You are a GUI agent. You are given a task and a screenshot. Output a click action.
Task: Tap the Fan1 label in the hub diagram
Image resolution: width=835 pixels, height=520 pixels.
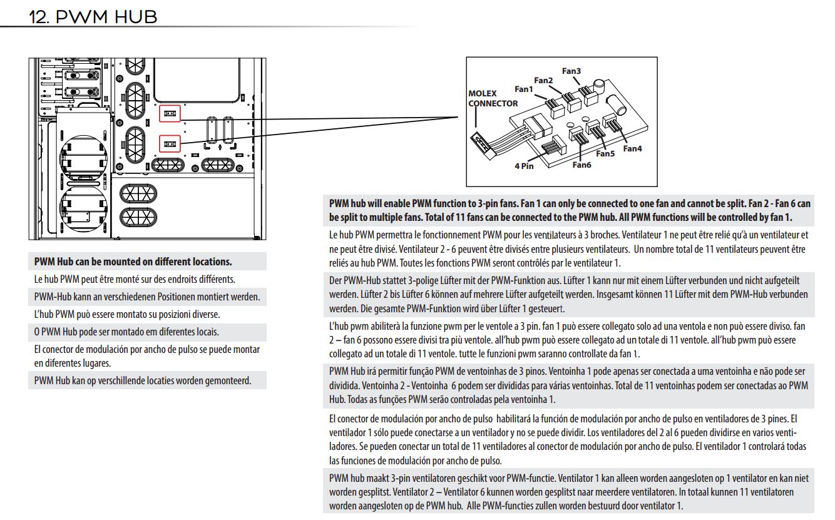[523, 89]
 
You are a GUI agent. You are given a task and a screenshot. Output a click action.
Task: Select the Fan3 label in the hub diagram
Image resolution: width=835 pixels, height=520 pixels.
[571, 71]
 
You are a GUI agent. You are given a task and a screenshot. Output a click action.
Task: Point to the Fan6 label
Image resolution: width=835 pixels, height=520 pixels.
[581, 165]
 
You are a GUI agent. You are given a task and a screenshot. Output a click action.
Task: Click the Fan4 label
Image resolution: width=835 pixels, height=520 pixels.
[632, 148]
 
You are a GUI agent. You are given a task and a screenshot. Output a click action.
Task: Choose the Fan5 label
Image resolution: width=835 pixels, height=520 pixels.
[605, 153]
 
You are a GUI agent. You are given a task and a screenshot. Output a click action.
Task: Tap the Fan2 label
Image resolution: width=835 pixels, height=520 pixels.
[543, 80]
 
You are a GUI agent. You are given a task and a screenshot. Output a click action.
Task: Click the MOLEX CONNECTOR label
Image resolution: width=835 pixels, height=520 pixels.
[493, 99]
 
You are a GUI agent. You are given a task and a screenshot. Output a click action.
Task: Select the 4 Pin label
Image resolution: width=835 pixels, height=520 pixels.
[524, 166]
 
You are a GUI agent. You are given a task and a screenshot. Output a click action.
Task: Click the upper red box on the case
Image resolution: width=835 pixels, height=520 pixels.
[170, 113]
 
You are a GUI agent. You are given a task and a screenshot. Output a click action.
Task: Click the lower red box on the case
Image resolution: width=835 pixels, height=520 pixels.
[170, 143]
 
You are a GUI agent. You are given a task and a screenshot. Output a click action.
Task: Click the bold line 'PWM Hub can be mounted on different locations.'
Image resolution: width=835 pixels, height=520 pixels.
[133, 262]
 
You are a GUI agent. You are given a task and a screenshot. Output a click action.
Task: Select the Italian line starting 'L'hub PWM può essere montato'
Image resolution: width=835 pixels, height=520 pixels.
[126, 314]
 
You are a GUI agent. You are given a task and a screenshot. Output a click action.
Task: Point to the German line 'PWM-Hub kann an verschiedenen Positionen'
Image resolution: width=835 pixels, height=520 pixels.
[146, 297]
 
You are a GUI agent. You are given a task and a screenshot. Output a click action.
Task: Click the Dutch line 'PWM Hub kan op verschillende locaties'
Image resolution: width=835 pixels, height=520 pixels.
[143, 380]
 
